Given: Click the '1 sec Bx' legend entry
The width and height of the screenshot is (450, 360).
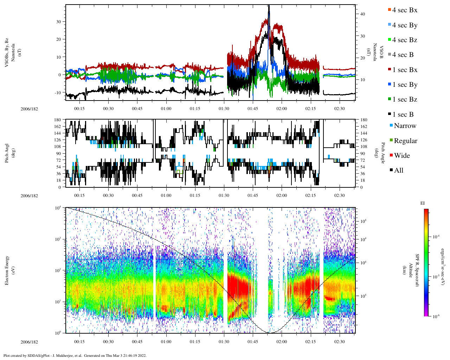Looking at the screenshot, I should point(405,70).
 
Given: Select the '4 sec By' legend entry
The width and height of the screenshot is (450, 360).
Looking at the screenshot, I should point(405,25).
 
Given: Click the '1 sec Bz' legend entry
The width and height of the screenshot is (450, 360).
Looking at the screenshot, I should point(405,99).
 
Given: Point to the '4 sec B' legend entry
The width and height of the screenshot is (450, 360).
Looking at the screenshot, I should point(403,55).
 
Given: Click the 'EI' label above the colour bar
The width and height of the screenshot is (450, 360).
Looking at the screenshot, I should point(423,203).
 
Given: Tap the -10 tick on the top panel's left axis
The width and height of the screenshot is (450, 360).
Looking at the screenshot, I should point(59,92).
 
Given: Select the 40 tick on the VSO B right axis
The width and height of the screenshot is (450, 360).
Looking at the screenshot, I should point(362,14).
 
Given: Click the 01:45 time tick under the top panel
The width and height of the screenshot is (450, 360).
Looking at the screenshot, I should point(253,109).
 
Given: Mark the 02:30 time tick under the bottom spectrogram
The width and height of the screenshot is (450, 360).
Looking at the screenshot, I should point(340,342).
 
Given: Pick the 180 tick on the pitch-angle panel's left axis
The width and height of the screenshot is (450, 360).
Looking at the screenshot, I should point(57,120).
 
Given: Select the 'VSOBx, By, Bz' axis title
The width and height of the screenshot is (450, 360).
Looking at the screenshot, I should point(7,53).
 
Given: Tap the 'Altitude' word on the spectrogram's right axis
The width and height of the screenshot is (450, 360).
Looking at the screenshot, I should point(410,270).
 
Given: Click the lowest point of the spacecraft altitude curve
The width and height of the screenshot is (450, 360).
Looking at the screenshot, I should point(270,333).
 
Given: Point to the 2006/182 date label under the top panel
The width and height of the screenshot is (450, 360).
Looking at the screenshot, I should point(29,109).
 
